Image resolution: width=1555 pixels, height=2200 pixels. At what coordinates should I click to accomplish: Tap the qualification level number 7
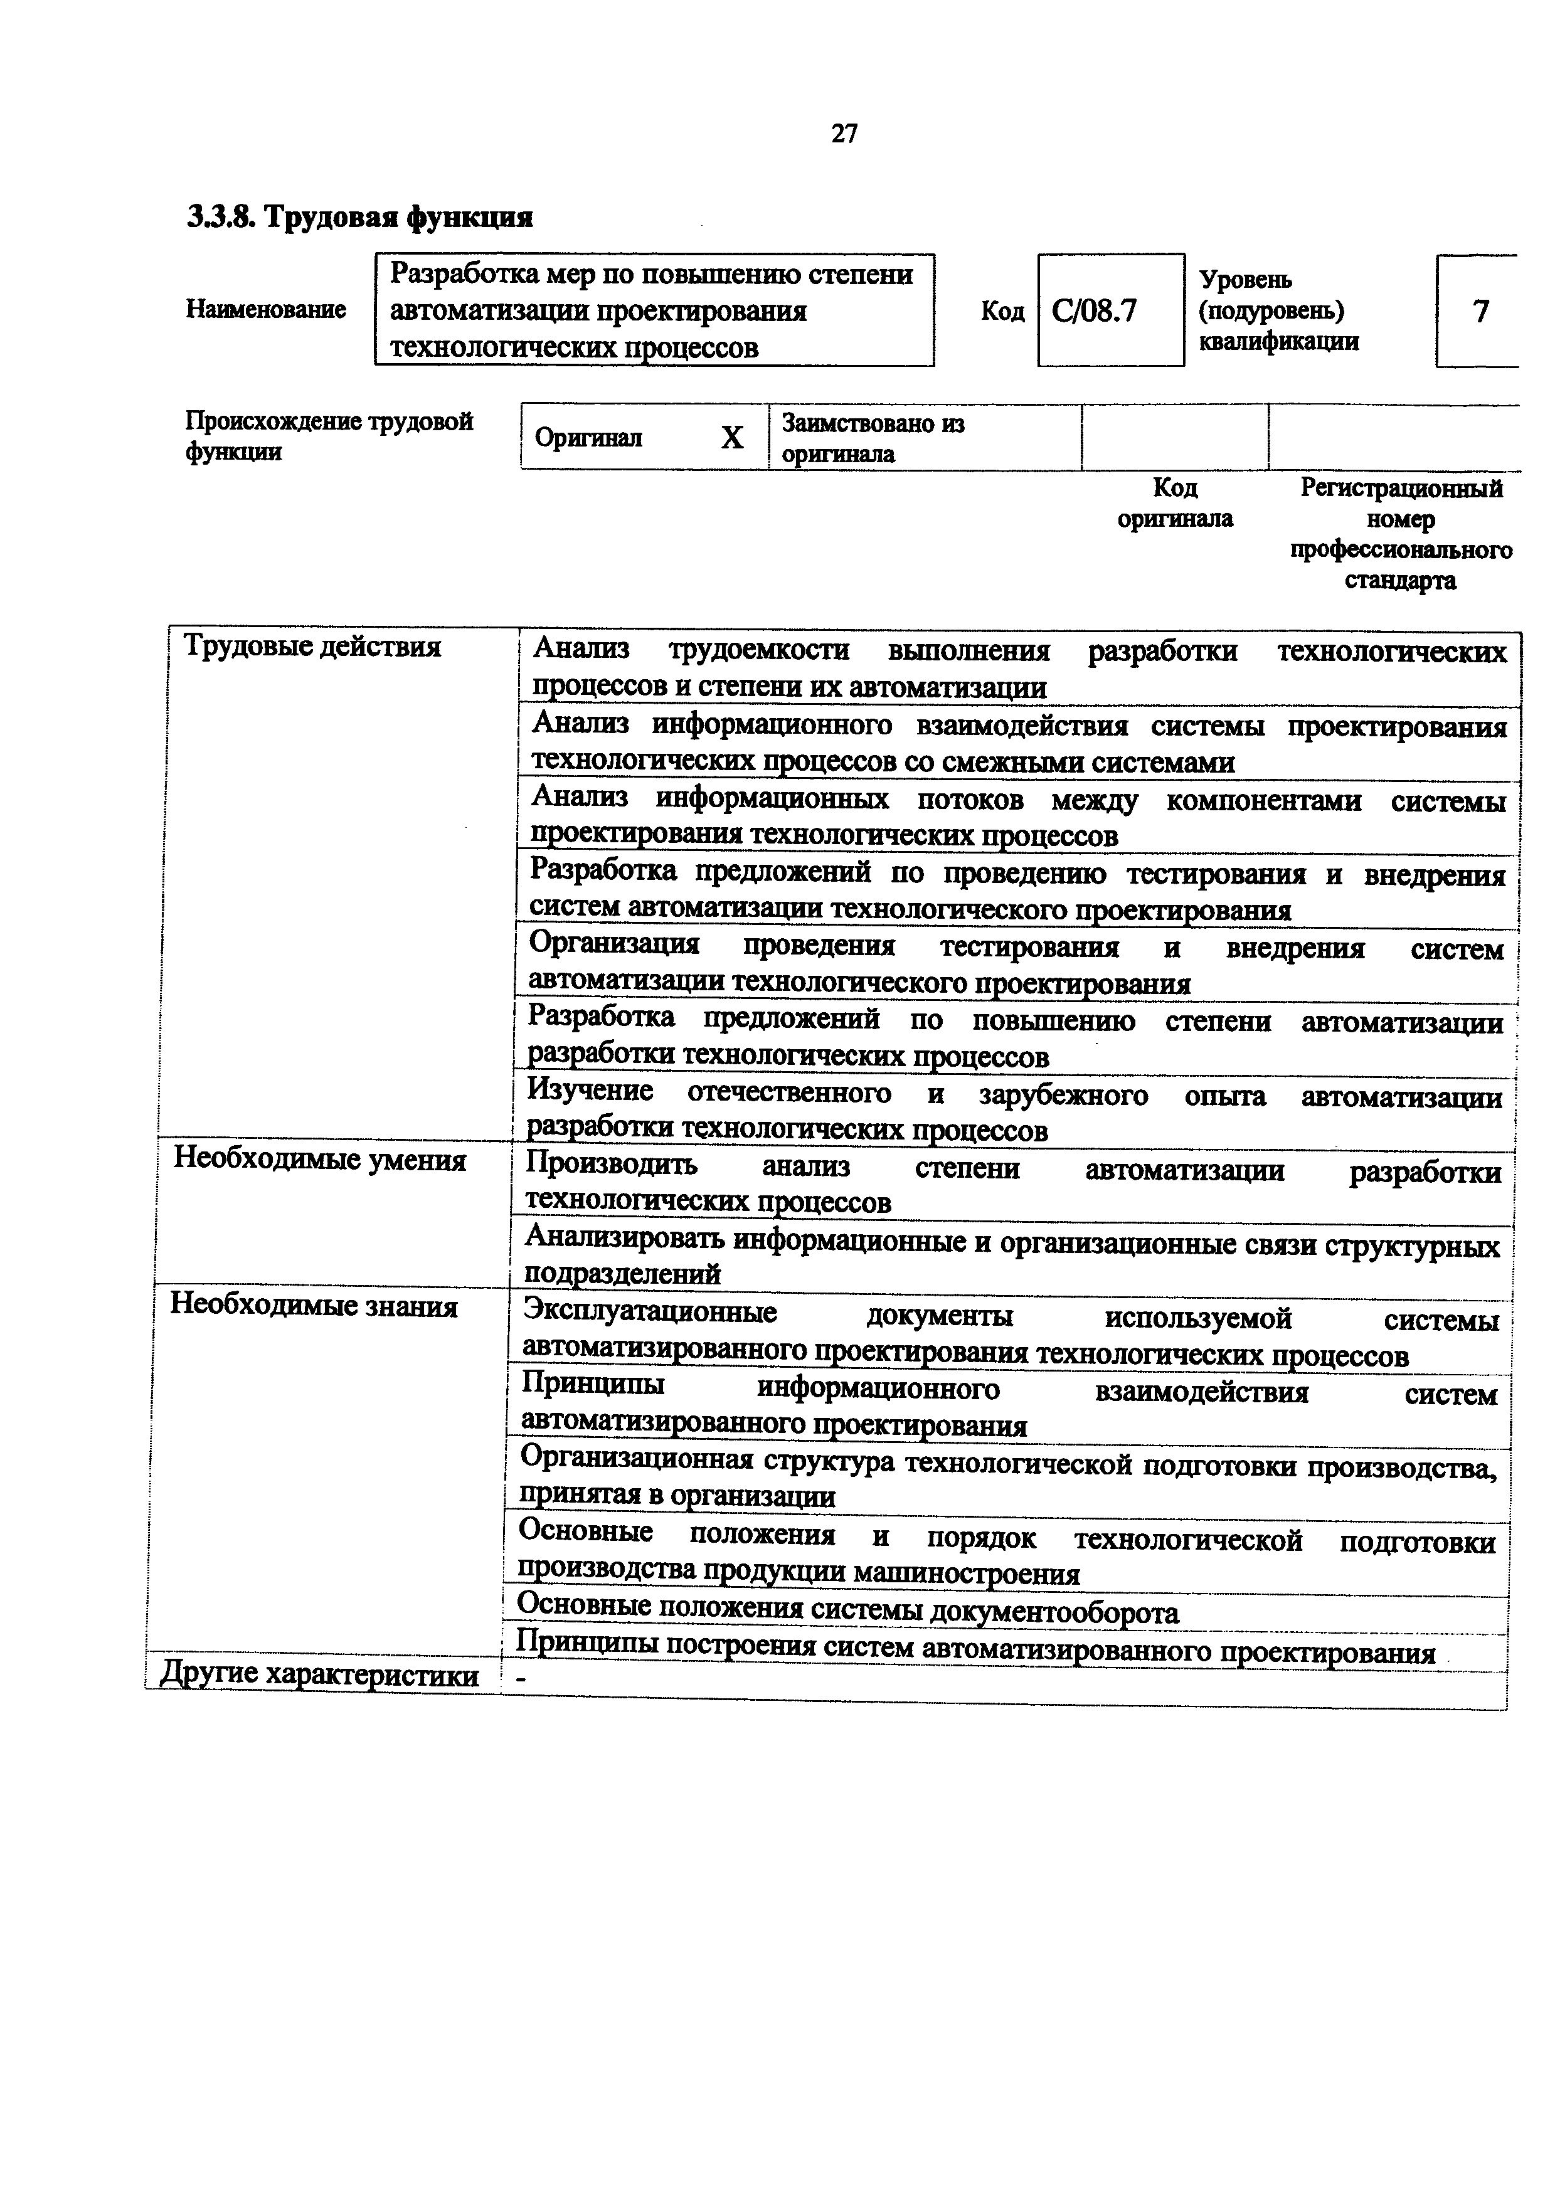[x=1480, y=312]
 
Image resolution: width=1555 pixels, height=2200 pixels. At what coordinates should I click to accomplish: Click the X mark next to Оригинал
[x=732, y=438]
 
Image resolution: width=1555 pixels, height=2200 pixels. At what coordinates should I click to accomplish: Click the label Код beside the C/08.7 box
[x=1002, y=312]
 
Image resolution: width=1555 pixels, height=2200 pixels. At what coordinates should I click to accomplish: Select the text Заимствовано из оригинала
[x=872, y=438]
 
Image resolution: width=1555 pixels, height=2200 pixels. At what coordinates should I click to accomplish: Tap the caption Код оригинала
[x=1175, y=503]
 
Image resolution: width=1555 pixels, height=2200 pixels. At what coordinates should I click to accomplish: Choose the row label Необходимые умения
[x=319, y=1160]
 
